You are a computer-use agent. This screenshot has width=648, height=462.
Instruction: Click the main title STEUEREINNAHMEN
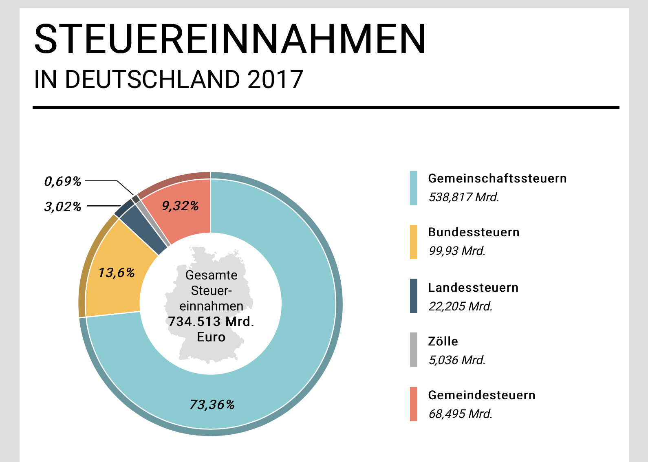coord(230,39)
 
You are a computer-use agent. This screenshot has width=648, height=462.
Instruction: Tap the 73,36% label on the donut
coord(212,405)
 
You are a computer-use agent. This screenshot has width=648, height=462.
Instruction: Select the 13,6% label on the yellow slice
coord(117,273)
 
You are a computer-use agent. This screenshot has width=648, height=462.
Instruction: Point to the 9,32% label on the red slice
coord(181,206)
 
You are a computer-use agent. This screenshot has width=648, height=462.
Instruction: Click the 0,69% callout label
coord(63,181)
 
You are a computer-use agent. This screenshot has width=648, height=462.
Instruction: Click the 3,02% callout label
coord(63,207)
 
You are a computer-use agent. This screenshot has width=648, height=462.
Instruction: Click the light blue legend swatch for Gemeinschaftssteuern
coord(413,188)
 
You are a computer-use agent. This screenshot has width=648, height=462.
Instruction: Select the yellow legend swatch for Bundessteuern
coord(413,242)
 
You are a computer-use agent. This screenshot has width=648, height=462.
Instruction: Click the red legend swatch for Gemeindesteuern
coord(413,404)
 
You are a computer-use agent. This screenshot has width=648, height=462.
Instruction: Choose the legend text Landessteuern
coord(473,288)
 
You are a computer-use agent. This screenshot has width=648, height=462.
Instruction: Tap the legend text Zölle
coord(443,341)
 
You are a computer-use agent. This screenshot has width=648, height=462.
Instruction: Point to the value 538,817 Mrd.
coord(464,197)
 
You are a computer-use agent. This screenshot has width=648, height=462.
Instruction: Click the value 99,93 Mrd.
coord(457,251)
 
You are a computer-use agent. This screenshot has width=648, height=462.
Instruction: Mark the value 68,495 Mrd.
coord(461,414)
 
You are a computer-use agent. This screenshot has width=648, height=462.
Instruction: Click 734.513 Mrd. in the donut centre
coord(211,321)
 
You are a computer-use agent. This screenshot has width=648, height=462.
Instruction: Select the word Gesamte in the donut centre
coord(211,275)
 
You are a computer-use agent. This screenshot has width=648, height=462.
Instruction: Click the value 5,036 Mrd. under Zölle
coord(457,360)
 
